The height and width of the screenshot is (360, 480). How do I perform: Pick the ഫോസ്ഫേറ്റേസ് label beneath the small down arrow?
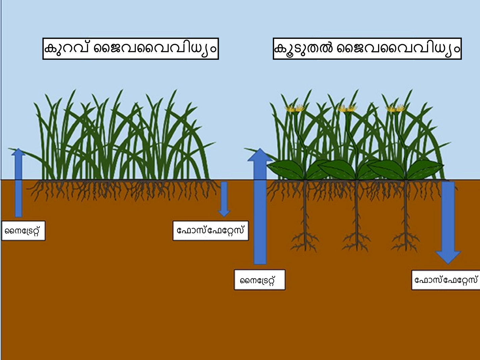click(210, 231)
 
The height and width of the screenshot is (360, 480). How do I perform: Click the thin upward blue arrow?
click(18, 183)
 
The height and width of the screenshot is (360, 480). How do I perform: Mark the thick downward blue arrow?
click(448, 223)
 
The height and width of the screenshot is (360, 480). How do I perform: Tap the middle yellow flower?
click(347, 108)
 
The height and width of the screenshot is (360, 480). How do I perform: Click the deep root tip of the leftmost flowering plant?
click(305, 251)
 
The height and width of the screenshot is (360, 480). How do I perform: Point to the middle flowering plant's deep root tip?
click(356, 251)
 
